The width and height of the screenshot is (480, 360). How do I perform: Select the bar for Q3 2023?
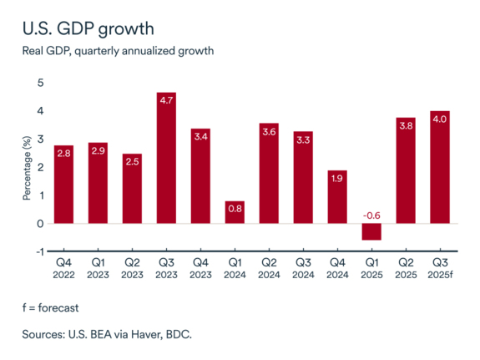[x=166, y=158]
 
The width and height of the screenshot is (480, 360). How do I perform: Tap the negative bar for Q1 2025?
[x=371, y=231]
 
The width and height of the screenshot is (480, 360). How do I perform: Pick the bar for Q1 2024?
[x=235, y=212]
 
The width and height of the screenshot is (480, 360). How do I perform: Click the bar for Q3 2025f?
[x=439, y=167]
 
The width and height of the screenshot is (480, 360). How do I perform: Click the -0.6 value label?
[x=371, y=215]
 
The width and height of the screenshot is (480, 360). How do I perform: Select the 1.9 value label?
[x=337, y=179]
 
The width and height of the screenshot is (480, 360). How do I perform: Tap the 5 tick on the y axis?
[x=39, y=83]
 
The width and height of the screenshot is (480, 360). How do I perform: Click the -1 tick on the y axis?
[x=38, y=251]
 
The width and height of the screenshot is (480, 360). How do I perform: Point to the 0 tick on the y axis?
[x=39, y=224]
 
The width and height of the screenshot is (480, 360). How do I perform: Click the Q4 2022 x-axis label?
[x=64, y=268]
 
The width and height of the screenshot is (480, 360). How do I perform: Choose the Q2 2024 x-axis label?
[x=269, y=268]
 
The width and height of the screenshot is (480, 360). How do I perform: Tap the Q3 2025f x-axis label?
[x=439, y=268]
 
